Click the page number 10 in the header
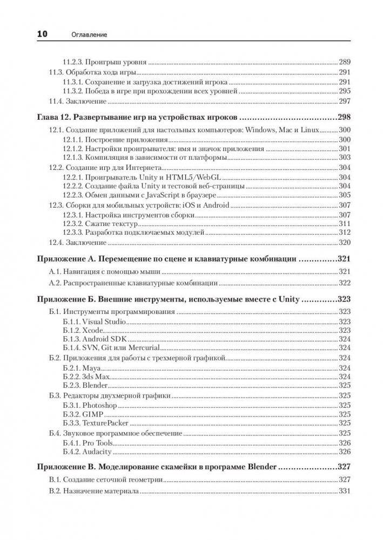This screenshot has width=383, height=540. pos(42,34)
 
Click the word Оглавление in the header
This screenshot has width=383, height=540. pos(89,35)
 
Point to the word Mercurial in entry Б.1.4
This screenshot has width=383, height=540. pos(137,347)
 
